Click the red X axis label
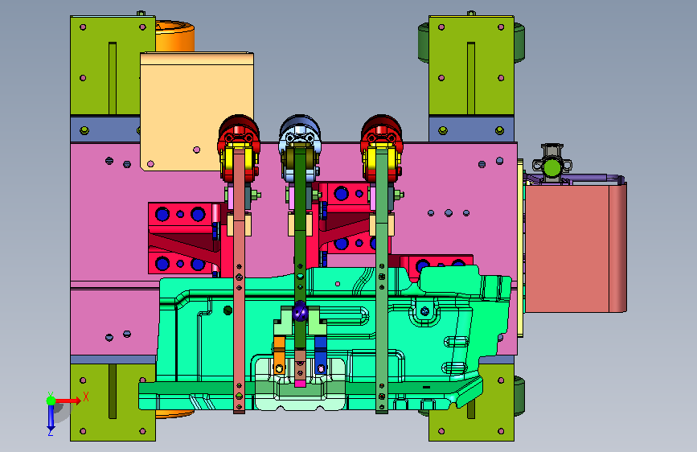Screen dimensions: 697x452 (x=86, y=397)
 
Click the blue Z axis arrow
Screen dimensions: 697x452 (x=51, y=417)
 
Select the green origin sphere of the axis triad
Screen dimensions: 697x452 (x=51, y=401)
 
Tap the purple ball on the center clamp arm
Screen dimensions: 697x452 (x=300, y=311)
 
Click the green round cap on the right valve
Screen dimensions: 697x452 (x=552, y=168)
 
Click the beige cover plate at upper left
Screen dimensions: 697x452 (x=197, y=111)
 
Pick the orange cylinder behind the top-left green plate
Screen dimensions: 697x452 (x=174, y=36)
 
